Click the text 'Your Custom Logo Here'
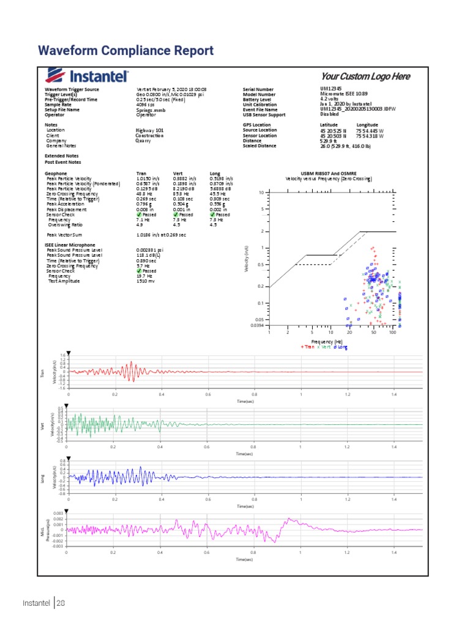coord(365,76)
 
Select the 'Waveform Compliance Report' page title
coord(125,50)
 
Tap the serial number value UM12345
coord(331,89)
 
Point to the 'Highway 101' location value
coord(150,130)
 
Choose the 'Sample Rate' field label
coord(58,105)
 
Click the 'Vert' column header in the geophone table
coord(179,174)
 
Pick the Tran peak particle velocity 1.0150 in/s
coord(147,179)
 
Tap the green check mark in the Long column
coord(212,215)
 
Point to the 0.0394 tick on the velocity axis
coord(257,325)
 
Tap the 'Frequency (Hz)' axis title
coord(326,341)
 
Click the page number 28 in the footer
coord(61,603)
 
